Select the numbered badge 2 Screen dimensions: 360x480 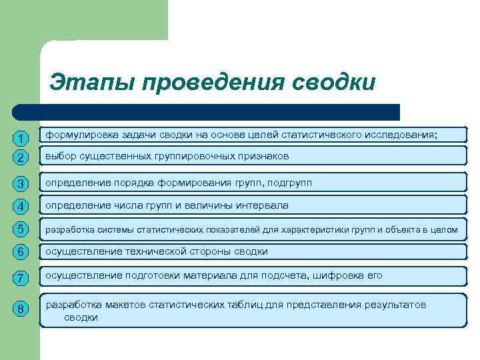[x=21, y=158]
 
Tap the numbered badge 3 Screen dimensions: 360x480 [x=21, y=183]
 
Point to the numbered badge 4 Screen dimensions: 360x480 [x=21, y=206]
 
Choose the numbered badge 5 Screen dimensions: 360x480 [x=21, y=229]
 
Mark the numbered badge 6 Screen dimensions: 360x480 [x=21, y=252]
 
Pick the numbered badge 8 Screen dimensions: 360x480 [x=21, y=309]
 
